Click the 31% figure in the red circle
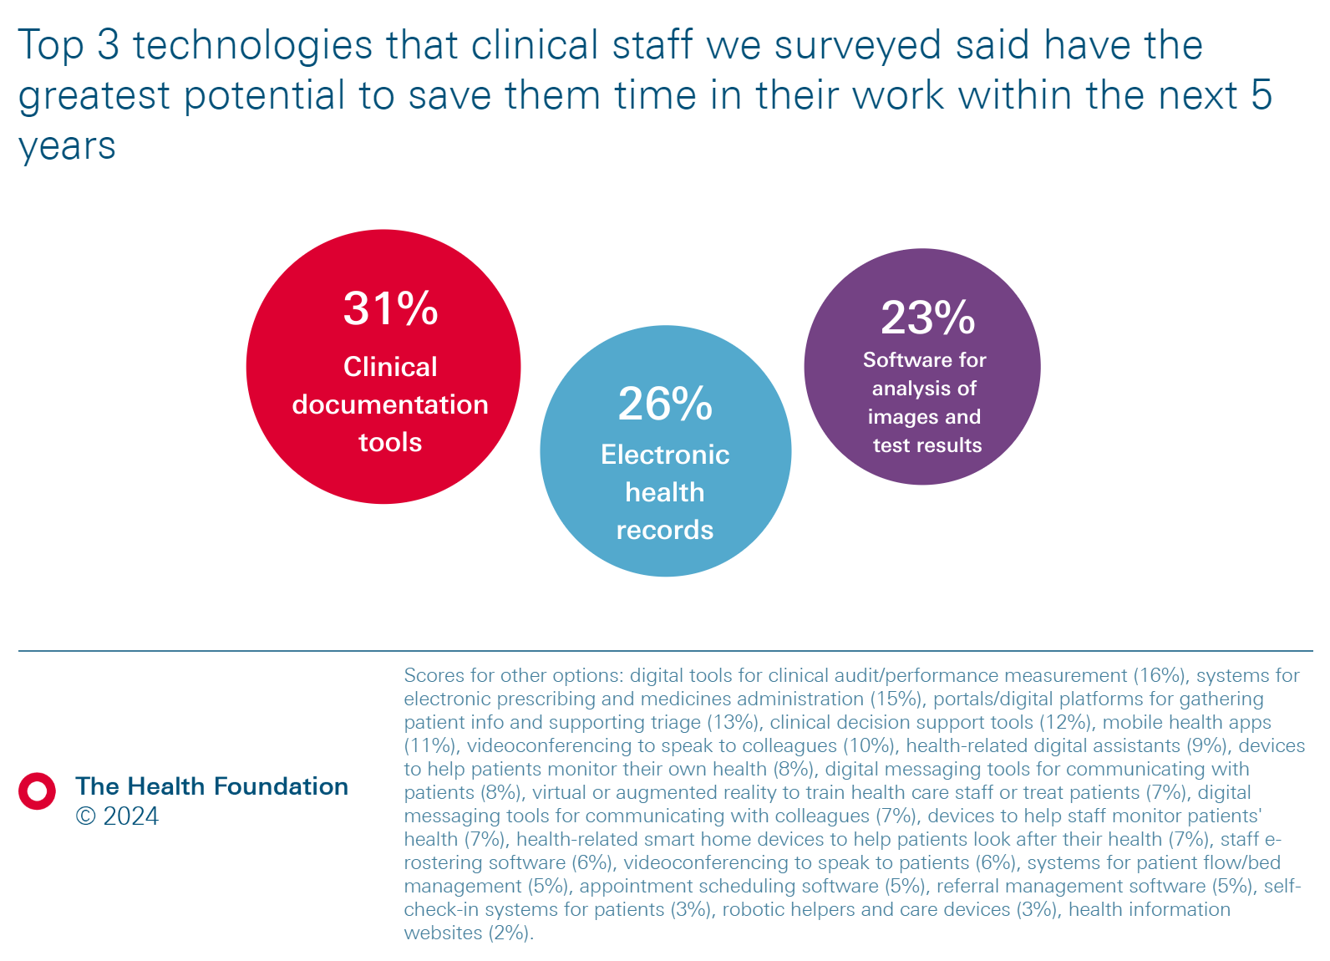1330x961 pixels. (x=390, y=308)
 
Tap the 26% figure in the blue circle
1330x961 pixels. (x=665, y=404)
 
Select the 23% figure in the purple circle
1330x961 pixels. (x=927, y=318)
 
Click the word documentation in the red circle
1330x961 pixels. (x=390, y=404)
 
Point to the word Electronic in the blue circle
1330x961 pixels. (x=665, y=455)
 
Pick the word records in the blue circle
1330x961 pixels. (x=665, y=530)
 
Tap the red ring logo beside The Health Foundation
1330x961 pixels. (x=38, y=791)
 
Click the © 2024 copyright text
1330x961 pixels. (x=117, y=816)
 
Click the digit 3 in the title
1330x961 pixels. (x=109, y=45)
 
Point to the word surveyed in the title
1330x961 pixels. (x=858, y=45)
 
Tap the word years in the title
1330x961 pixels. (x=67, y=147)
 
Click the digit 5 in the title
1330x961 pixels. (x=1261, y=95)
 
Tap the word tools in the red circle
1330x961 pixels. (x=390, y=442)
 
